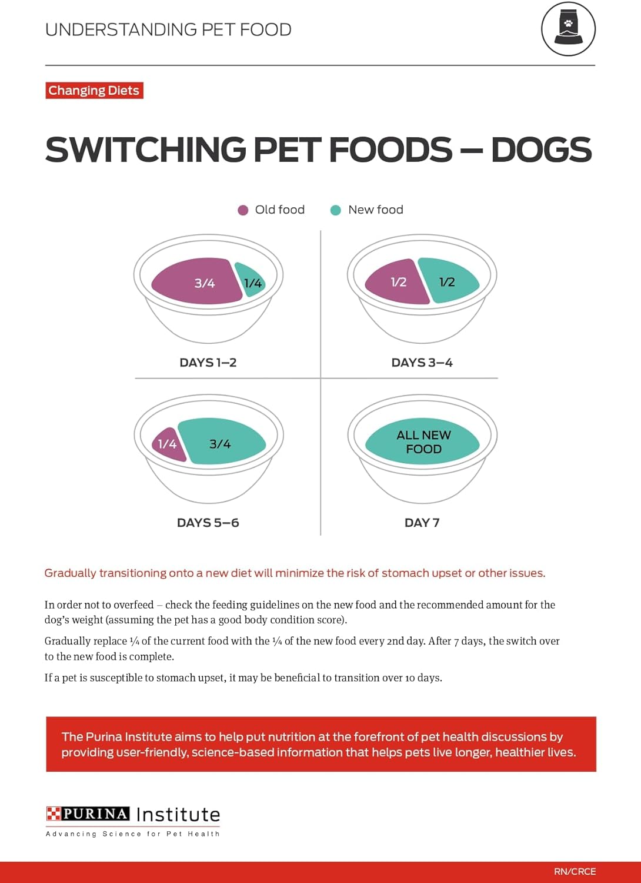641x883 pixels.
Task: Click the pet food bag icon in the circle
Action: tap(568, 29)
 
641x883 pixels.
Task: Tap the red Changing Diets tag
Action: tap(94, 91)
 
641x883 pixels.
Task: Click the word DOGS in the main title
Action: tap(541, 150)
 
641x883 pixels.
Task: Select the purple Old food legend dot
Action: tap(243, 210)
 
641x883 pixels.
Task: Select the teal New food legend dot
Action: tap(336, 210)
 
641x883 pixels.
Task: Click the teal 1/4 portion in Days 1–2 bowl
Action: tap(251, 282)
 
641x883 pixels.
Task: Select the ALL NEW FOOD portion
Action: tap(423, 442)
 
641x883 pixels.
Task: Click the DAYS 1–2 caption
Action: tap(208, 363)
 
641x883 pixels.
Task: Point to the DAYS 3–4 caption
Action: tap(422, 363)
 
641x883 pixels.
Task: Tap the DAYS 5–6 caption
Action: tap(208, 523)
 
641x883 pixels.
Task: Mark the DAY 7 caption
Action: tap(422, 523)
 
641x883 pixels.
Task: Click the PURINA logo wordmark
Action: tap(89, 814)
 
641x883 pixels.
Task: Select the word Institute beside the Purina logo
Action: tap(178, 815)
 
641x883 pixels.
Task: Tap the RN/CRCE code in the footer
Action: tap(575, 871)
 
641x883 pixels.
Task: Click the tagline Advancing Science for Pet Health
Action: tap(133, 834)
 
